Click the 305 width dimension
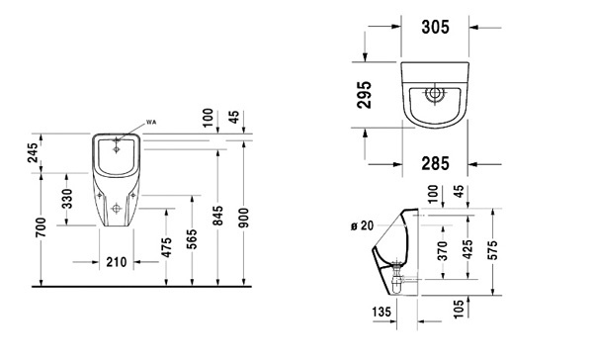coord(435,27)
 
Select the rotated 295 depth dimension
coord(365,95)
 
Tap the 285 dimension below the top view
coord(435,163)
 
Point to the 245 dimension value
coord(34,152)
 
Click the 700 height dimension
coord(41,227)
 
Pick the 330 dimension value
coord(67,199)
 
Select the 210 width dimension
coord(116,261)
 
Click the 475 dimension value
coord(166,247)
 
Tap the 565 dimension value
coord(192,239)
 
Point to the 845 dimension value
coord(217,216)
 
